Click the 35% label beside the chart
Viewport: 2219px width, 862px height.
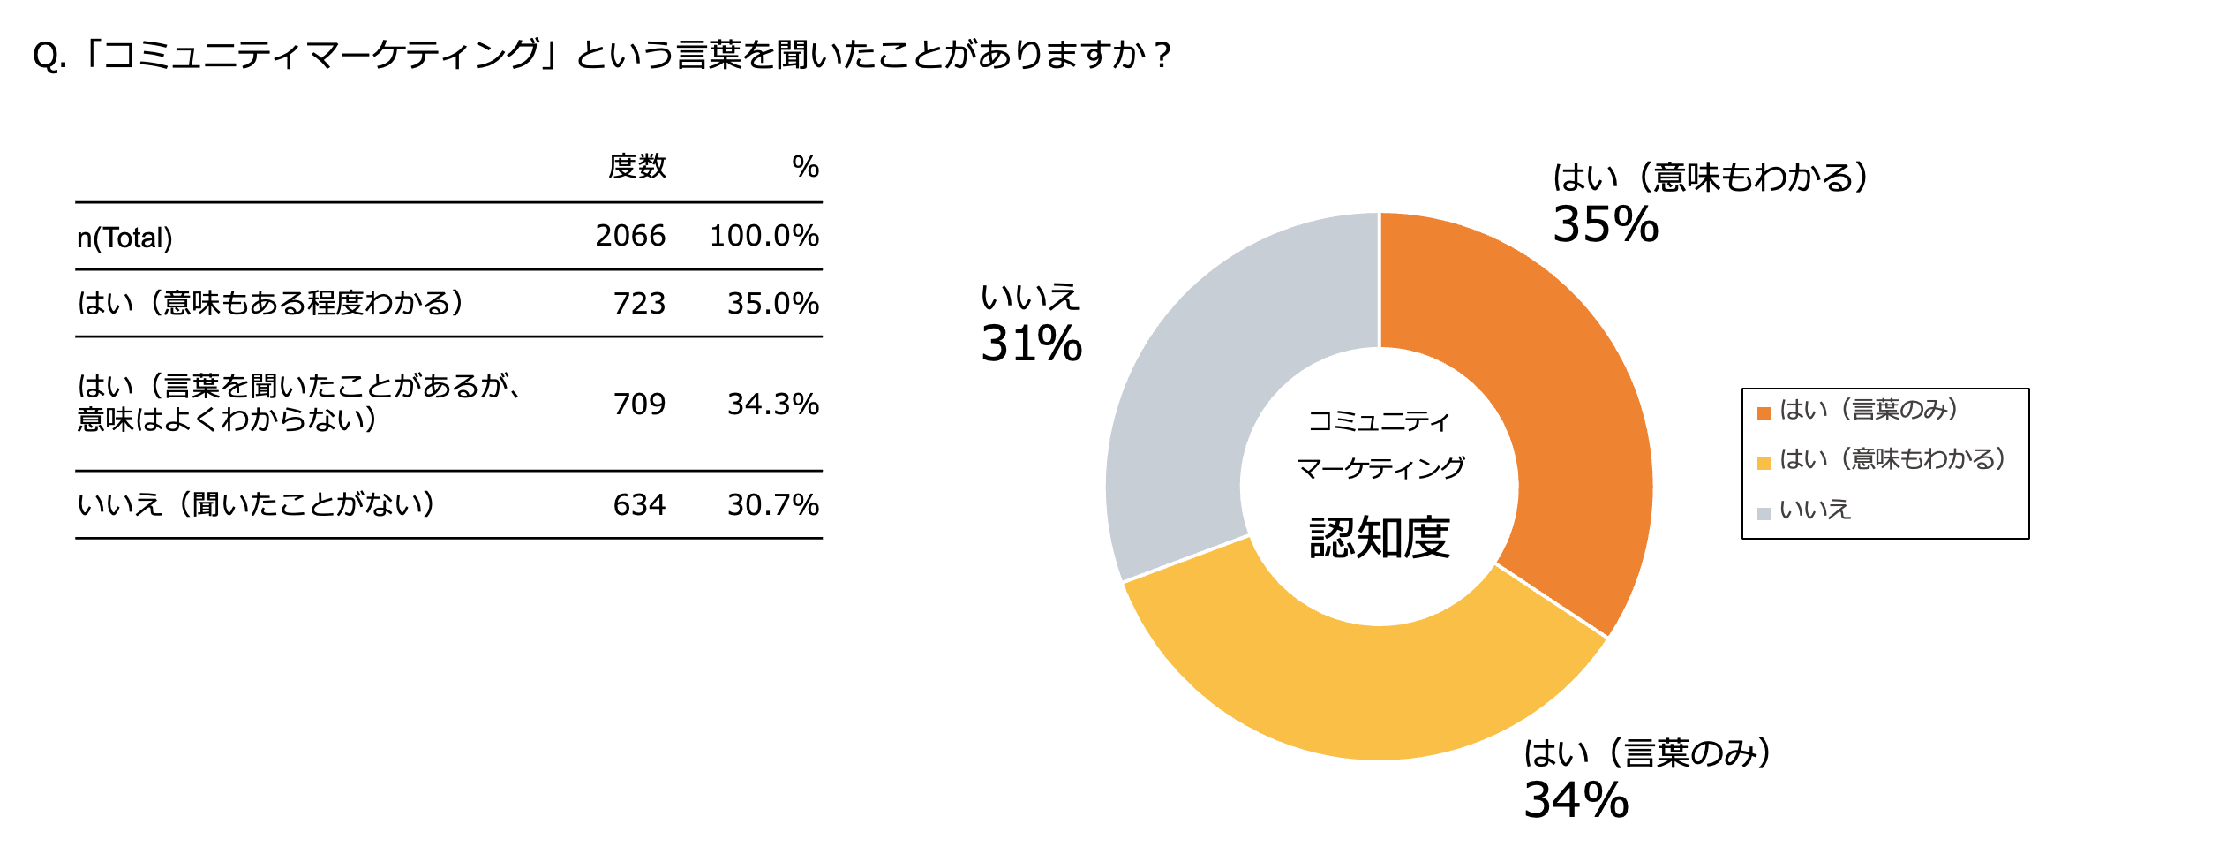[1605, 225]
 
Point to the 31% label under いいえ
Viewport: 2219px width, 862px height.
[1031, 344]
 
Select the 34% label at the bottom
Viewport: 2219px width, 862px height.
[1576, 800]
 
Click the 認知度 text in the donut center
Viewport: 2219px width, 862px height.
[1379, 537]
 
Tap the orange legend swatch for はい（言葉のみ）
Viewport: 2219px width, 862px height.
[1764, 413]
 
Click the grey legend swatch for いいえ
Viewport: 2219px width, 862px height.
[1764, 513]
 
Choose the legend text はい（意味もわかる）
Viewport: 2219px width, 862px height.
[1892, 459]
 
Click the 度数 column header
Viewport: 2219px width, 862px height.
[636, 166]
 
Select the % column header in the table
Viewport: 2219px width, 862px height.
[804, 166]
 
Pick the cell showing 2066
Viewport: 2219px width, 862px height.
[629, 236]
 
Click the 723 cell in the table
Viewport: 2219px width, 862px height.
[639, 304]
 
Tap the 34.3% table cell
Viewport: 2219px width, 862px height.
[772, 405]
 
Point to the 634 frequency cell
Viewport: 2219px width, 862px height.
[639, 505]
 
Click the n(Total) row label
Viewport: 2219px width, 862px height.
[124, 238]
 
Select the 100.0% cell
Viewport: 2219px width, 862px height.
[763, 236]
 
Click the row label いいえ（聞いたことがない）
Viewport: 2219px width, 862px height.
[256, 504]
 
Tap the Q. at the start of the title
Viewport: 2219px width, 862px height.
[49, 57]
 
